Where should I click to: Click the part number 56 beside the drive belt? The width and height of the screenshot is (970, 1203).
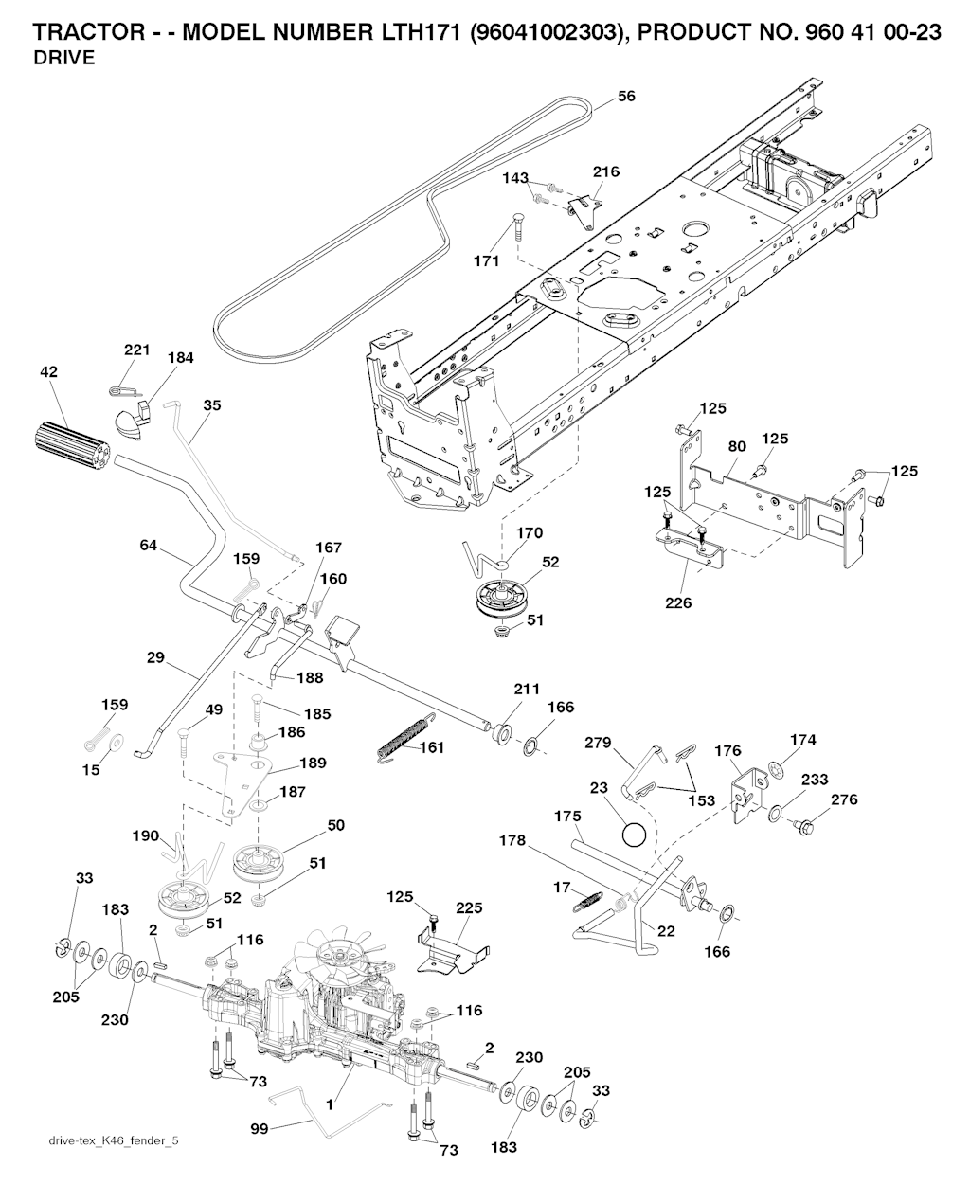(626, 96)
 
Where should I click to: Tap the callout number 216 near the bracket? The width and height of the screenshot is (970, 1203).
(606, 171)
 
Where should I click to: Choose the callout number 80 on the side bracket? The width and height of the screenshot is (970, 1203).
(737, 444)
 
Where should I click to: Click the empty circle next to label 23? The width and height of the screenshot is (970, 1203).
(632, 835)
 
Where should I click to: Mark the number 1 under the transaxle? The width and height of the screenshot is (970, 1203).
(330, 1104)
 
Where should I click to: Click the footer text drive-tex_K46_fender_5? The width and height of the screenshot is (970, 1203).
(113, 1140)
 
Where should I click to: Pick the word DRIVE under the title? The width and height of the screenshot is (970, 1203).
(63, 59)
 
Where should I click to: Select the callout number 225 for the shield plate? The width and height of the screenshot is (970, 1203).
(469, 907)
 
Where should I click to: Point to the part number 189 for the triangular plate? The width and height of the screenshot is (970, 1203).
(313, 763)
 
